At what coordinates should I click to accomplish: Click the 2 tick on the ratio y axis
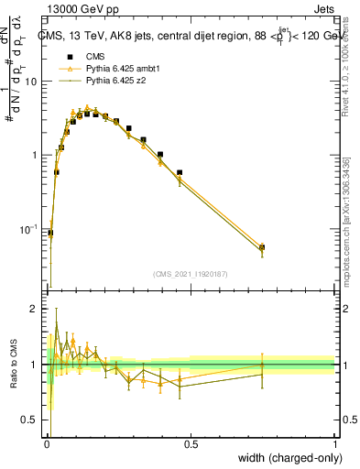[37, 310]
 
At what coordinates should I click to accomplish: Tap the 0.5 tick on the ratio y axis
[31, 420]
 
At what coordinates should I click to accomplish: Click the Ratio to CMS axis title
[13, 365]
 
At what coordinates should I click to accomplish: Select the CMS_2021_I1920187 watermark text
[191, 272]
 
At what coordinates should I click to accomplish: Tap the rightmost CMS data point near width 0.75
[262, 247]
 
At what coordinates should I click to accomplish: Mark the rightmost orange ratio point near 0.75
[262, 365]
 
